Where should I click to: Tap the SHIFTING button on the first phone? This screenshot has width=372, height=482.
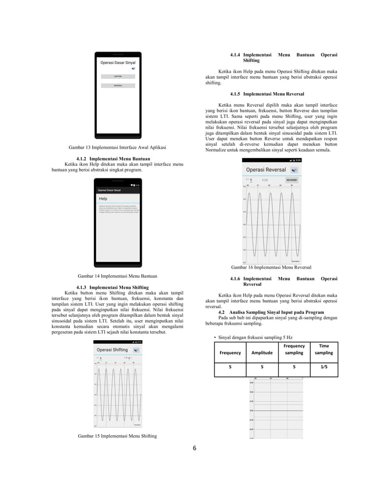point(118,76)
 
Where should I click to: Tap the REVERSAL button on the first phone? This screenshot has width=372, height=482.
point(118,86)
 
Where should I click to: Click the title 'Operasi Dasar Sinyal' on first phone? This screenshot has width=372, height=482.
point(118,62)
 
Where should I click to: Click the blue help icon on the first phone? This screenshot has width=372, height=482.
point(134,68)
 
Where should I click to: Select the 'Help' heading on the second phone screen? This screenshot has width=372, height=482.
point(103,199)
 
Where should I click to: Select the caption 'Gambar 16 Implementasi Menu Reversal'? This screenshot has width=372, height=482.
point(271,267)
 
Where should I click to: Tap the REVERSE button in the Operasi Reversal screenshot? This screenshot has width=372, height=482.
point(291,180)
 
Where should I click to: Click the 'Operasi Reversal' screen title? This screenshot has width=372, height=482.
point(266,169)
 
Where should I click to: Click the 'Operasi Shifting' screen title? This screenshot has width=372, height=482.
point(113,350)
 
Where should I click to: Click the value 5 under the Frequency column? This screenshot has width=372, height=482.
point(230,368)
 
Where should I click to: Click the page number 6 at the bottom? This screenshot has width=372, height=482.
point(195,449)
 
